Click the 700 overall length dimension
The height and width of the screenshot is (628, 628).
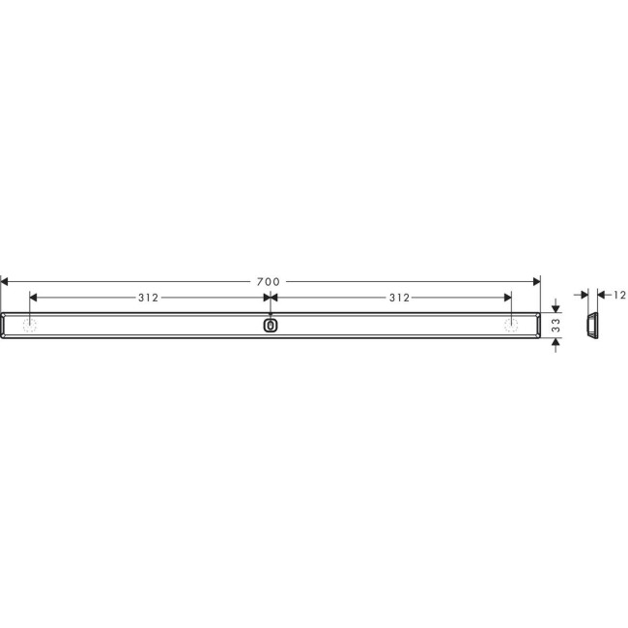click(x=269, y=281)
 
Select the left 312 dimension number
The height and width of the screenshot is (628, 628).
click(x=148, y=298)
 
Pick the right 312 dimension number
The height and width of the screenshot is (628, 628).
click(x=399, y=298)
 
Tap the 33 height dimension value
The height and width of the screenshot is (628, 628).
click(x=556, y=325)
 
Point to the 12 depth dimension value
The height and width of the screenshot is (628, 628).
click(x=619, y=295)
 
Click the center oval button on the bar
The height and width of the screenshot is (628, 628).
click(x=270, y=326)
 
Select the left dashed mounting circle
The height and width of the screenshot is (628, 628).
click(x=31, y=325)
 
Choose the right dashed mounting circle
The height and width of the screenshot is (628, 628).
click(x=509, y=325)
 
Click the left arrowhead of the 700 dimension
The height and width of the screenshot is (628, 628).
click(x=5, y=281)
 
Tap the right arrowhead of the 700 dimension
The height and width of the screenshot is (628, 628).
click(x=534, y=281)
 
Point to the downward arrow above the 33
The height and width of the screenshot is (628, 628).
click(x=556, y=307)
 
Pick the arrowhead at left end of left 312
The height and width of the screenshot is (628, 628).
click(x=35, y=298)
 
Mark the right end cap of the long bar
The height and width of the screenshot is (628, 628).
click(x=534, y=326)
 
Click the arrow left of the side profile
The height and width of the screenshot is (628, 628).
click(x=582, y=295)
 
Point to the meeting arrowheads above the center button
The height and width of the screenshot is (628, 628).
click(x=270, y=298)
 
